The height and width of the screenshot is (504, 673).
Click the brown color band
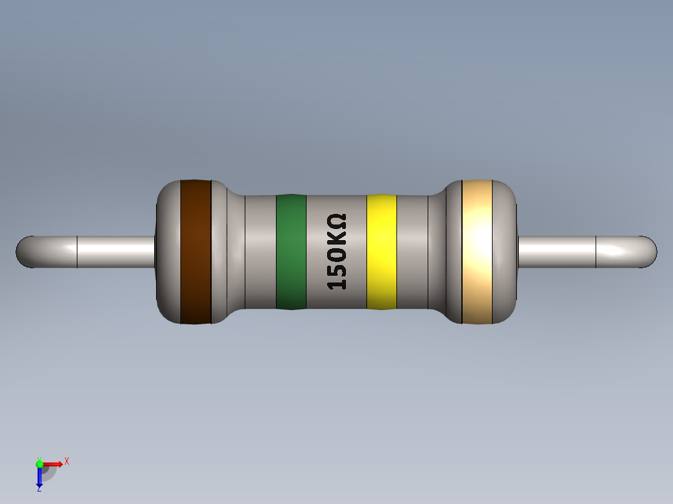click(195, 252)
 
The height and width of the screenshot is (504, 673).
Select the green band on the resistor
click(291, 252)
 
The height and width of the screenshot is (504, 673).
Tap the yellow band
click(381, 252)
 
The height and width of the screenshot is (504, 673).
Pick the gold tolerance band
click(477, 252)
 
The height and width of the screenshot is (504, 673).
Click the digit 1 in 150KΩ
click(337, 283)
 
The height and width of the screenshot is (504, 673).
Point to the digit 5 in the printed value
click(337, 269)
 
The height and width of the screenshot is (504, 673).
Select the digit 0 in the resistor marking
click(337, 254)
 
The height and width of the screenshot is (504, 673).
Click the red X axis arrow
click(54, 463)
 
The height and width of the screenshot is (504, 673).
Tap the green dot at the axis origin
click(39, 463)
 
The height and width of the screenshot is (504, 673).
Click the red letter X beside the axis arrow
click(66, 461)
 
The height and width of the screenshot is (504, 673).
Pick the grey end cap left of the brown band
click(168, 252)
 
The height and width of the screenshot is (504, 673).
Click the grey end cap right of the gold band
click(506, 252)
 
